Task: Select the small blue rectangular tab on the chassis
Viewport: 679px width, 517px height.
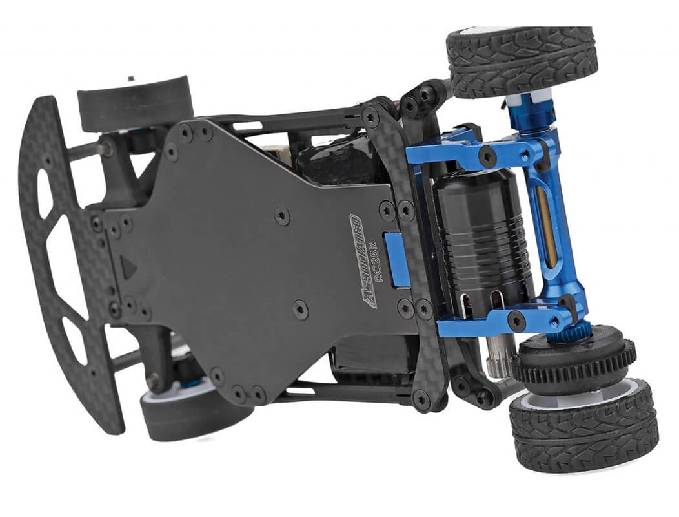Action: (x=398, y=258)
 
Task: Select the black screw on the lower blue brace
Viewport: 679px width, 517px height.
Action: (x=515, y=319)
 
